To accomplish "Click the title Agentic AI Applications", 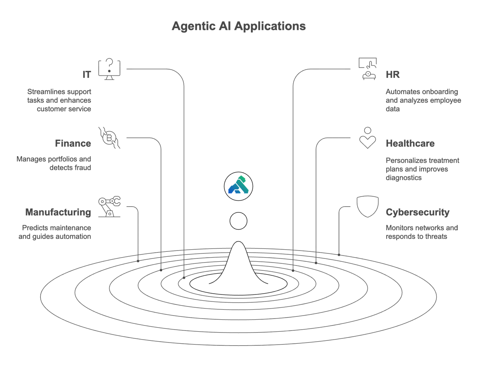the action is [239, 27].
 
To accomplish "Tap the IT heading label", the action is [87, 75].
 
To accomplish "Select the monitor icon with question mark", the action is [109, 69].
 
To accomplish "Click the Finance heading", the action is [73, 143].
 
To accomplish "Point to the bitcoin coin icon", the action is [109, 138].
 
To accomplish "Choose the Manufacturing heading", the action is [58, 212].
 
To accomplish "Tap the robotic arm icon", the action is [109, 207].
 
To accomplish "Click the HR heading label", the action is [393, 75].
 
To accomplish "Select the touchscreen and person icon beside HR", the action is [368, 69].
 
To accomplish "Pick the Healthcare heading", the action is [410, 143].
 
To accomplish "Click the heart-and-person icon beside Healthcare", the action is [367, 138].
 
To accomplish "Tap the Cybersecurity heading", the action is [418, 212].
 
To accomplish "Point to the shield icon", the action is [367, 207].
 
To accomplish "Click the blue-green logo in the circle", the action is [239, 186].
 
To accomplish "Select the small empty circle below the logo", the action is [239, 221].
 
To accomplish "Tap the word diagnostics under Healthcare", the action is [404, 178].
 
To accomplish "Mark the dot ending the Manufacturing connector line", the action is [138, 261].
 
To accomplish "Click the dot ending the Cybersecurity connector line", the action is [339, 255].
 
